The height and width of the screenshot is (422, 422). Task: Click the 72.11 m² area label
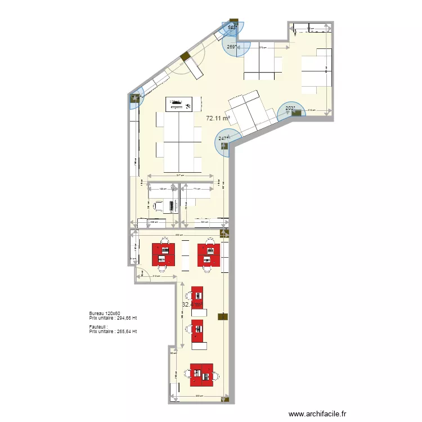[x=218, y=119]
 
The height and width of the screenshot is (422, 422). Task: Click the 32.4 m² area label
[x=191, y=304]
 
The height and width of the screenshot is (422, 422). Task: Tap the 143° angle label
[x=232, y=27]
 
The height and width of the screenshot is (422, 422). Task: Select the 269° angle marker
[x=231, y=47]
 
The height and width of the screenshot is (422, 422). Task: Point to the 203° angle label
[x=290, y=109]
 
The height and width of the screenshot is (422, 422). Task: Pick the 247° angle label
[x=223, y=138]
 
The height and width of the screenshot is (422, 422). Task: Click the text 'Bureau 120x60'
[x=105, y=313]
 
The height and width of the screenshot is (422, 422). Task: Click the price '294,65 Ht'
[x=125, y=318]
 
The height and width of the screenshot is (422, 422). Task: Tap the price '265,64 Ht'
[x=125, y=331]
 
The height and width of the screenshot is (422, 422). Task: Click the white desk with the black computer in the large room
[x=179, y=104]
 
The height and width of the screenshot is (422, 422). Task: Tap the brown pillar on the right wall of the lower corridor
[x=223, y=317]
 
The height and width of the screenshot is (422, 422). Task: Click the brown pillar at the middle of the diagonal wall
[x=183, y=56]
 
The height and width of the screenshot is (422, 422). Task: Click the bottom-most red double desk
[x=203, y=374]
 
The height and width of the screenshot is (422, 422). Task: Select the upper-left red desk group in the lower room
[x=164, y=254]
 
